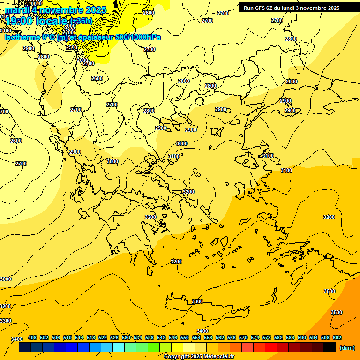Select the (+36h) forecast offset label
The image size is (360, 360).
81,21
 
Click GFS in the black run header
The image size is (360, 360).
264,8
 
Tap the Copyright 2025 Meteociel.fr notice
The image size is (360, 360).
199,356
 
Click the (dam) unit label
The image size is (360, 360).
347,348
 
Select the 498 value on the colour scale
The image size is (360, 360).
32,337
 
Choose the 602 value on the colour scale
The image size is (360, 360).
337,337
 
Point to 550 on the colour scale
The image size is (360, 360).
185,337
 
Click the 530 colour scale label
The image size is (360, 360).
126,337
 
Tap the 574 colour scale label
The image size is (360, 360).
255,337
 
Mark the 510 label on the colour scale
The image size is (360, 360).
67,337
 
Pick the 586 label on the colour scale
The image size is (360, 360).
290,337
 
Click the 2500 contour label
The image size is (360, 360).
71,47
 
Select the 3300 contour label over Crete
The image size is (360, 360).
197,301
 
